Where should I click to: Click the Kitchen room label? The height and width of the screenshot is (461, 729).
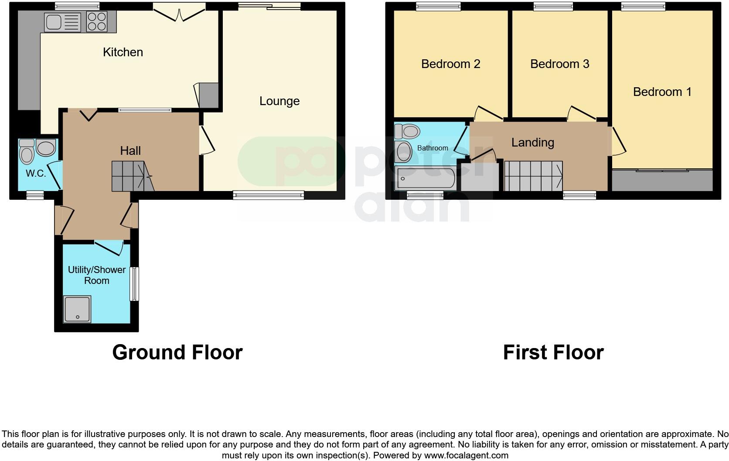pos(123,52)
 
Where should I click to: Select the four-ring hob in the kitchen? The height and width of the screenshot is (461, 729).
pos(97,21)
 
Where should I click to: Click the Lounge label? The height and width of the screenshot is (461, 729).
pos(279,101)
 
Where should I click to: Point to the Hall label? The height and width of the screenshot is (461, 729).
pos(130,151)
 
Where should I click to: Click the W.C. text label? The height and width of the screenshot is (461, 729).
pos(36,174)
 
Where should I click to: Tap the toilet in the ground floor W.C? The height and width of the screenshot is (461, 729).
pos(27,151)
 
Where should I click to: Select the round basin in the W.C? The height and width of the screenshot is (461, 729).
pos(46,148)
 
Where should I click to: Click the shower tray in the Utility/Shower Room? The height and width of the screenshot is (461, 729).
pos(77,309)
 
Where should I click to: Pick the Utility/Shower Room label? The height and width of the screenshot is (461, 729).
pos(96,275)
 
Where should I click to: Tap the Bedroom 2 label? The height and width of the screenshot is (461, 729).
pos(450,64)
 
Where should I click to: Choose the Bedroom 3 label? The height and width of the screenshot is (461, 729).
pos(559,64)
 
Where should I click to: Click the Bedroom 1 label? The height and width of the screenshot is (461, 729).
pos(662,92)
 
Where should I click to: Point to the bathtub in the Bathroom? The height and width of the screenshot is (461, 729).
pos(425,178)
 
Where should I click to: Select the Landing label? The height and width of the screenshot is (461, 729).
pos(532,143)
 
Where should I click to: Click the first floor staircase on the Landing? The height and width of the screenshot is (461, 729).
pos(533,176)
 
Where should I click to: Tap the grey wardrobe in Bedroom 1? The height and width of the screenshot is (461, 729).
pos(662,181)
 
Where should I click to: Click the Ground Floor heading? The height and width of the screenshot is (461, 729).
pos(177,352)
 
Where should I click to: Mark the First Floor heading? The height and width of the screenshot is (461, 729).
pos(553,352)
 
